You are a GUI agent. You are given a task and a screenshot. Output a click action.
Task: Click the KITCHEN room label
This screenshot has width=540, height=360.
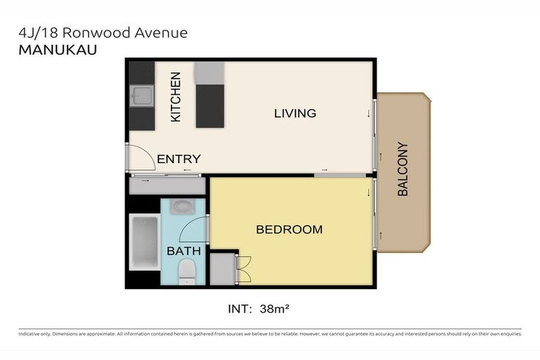pyautogui.click(x=176, y=96)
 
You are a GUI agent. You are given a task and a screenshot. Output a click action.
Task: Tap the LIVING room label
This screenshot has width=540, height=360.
pyautogui.click(x=295, y=113)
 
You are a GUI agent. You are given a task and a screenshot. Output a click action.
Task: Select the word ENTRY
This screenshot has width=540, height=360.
pyautogui.click(x=179, y=159)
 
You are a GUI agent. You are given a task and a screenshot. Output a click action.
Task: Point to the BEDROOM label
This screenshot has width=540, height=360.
pyautogui.click(x=289, y=229)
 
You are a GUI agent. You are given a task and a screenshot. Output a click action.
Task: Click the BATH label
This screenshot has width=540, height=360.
pyautogui.click(x=184, y=250)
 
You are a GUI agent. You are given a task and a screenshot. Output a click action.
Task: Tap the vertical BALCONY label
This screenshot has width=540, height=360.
pyautogui.click(x=403, y=169)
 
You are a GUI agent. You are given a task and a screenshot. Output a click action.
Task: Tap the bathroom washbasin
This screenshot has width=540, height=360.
pyautogui.click(x=184, y=207)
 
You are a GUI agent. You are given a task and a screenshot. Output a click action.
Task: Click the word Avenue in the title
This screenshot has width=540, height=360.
pyautogui.click(x=164, y=32)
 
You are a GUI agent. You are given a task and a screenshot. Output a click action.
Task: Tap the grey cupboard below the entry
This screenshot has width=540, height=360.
pyautogui.click(x=167, y=186)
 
